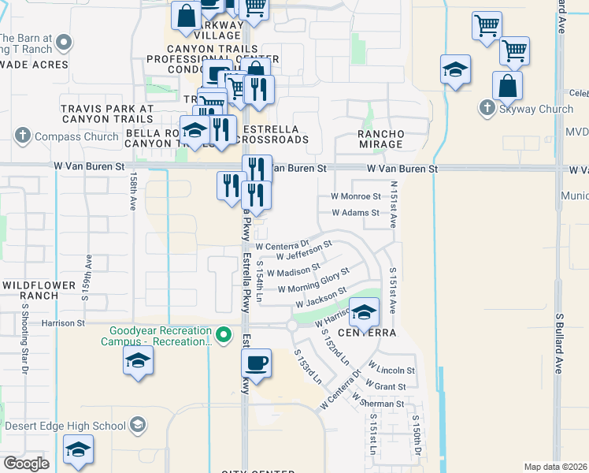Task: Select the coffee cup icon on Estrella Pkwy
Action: coord(256,364)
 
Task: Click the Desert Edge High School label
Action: coord(65,426)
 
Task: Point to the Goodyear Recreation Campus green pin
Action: coord(224,336)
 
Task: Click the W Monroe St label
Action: coord(355,196)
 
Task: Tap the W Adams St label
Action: coord(356,213)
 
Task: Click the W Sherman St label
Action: coord(378,401)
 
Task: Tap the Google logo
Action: coord(26,464)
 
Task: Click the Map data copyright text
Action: coord(554,467)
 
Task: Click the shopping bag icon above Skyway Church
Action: coord(508,85)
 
